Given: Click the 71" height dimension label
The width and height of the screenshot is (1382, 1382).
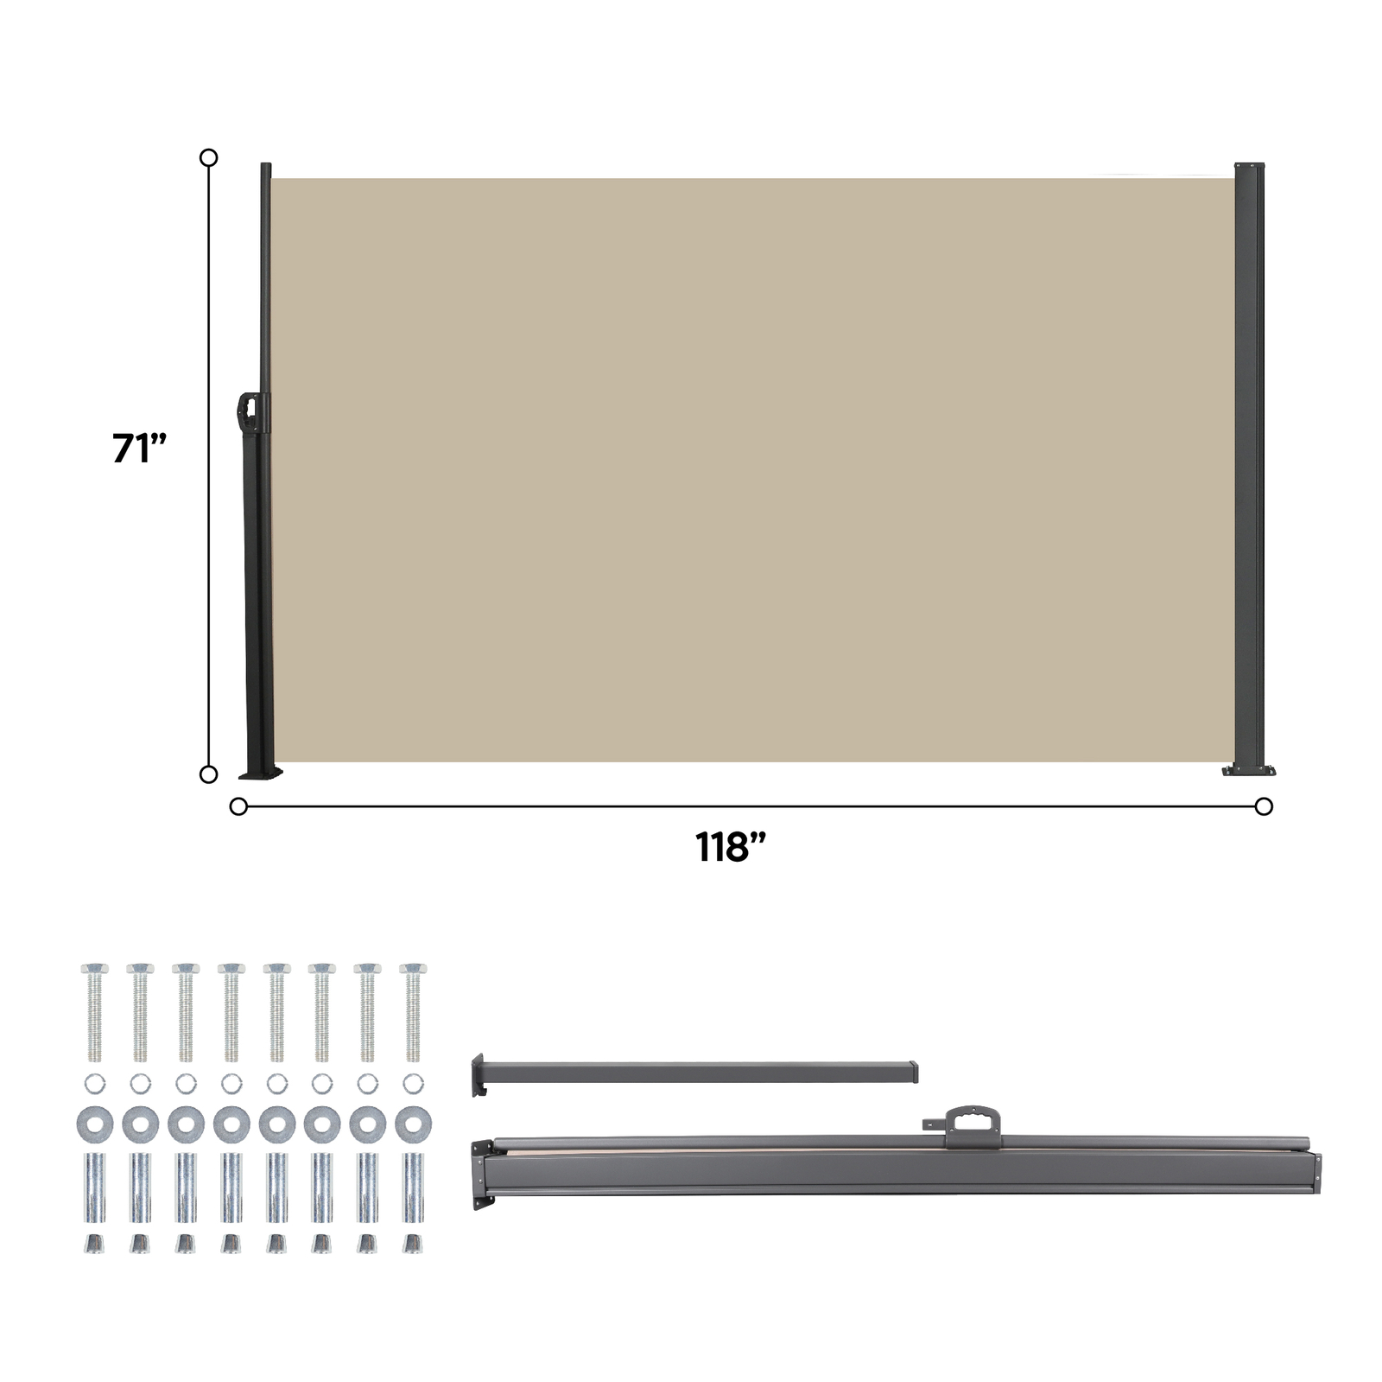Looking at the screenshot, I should tap(138, 449).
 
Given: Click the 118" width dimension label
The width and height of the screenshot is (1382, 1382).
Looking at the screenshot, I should tap(731, 847).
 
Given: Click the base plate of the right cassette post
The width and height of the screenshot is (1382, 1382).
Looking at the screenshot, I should tap(1249, 769).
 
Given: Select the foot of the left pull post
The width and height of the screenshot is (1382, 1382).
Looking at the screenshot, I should tap(260, 772).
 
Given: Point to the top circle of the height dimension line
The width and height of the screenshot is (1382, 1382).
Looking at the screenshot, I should tap(208, 157).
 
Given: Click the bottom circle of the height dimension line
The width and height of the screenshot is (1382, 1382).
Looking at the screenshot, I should tap(208, 774).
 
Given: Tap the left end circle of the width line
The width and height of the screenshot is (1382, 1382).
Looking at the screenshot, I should tap(238, 806).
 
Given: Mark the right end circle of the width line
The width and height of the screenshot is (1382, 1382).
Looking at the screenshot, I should tap(1264, 806).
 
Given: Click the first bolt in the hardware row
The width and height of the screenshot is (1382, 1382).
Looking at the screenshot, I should tap(94, 1011).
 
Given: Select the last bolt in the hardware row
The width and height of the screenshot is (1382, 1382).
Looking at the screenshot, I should tap(413, 1011).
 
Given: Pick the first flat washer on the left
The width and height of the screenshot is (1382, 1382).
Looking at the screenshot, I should tap(94, 1124).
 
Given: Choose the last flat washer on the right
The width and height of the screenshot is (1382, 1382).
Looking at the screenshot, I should tap(413, 1124).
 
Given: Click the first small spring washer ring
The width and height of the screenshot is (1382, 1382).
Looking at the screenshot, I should tap(94, 1083).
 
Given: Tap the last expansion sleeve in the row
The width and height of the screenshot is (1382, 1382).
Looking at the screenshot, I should tap(413, 1188).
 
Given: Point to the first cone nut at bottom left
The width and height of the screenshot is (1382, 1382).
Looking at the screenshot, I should tap(94, 1244).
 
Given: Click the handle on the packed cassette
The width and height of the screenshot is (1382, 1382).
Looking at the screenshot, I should tap(972, 1124).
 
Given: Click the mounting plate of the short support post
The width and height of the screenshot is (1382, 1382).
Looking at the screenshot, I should tap(477, 1074).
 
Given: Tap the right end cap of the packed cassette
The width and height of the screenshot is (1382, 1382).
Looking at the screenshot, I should tap(1315, 1173).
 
